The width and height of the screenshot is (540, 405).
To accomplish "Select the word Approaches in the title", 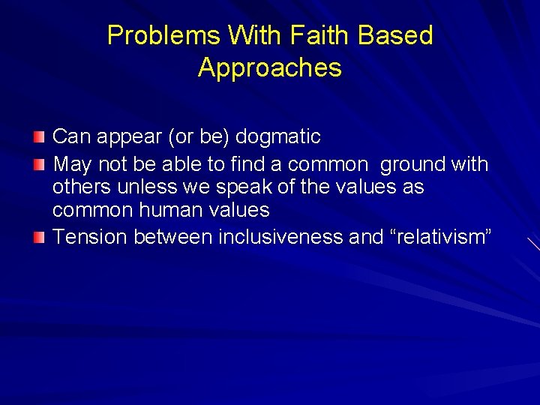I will click(270, 67).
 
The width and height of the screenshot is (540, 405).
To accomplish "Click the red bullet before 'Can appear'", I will click(39, 137).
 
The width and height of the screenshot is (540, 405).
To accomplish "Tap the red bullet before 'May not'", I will click(39, 164).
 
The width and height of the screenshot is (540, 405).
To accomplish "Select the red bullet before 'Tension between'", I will click(39, 238).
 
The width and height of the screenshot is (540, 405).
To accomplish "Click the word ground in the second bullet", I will click(406, 163).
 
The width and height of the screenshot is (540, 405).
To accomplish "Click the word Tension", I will click(90, 237).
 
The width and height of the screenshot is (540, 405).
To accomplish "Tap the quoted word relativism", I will click(428, 237).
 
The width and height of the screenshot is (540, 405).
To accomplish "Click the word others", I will click(82, 187).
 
